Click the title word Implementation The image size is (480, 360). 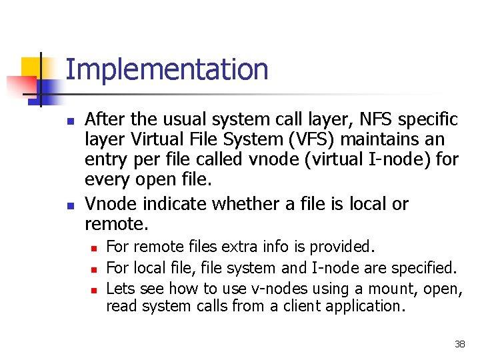point(167,70)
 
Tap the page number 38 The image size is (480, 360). point(459,344)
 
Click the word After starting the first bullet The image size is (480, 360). point(105,119)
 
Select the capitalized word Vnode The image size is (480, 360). point(107,204)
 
